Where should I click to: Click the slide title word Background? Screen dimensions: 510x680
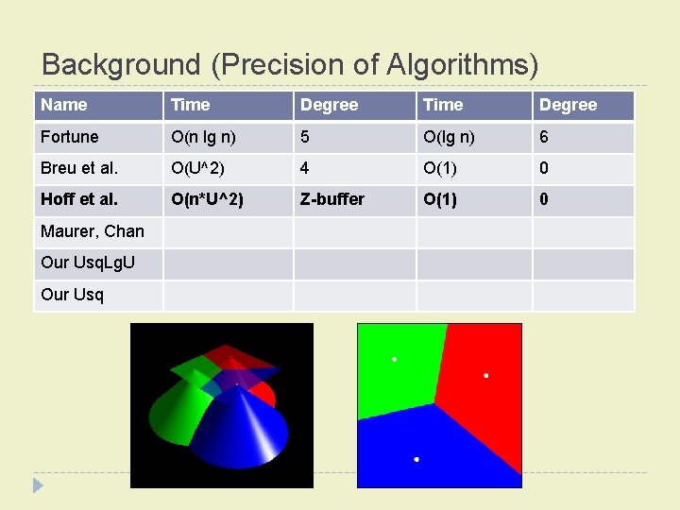pos(121,64)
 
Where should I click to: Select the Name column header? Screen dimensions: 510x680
pos(64,105)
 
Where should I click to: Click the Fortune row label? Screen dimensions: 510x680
pos(70,137)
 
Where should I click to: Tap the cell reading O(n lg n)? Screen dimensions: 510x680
pos(203,137)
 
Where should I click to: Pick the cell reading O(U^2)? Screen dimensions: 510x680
pos(197,168)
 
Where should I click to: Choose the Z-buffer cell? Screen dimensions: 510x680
pos(331,199)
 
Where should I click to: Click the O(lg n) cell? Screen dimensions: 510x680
pos(450,137)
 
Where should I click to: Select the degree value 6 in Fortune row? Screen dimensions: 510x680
pos(544,137)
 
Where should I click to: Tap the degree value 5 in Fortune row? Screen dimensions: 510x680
pos(305,137)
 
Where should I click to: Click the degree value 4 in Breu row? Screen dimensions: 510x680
pos(305,168)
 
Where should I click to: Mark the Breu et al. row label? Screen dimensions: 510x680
pos(79,168)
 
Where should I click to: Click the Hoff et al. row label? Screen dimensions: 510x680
pos(79,199)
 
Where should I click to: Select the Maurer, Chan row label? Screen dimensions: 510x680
pos(93,231)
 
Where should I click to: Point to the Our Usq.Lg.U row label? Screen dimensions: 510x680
pos(88,263)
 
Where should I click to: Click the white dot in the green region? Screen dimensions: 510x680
pos(395,359)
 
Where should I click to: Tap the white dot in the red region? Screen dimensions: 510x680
pos(486,376)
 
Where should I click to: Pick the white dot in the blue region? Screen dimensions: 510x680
pos(416,459)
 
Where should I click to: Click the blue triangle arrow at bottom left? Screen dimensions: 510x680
pos(38,485)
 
